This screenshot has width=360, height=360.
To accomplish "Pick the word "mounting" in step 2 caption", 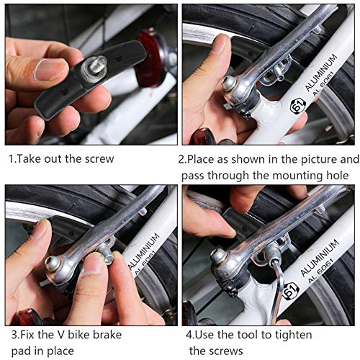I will coord(292,176).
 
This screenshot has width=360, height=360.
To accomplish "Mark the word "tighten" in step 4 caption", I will coord(320,335).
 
